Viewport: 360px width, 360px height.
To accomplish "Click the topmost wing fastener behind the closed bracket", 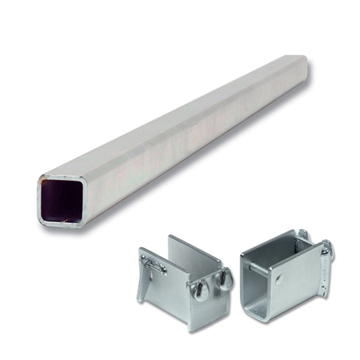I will [x=304, y=235].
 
